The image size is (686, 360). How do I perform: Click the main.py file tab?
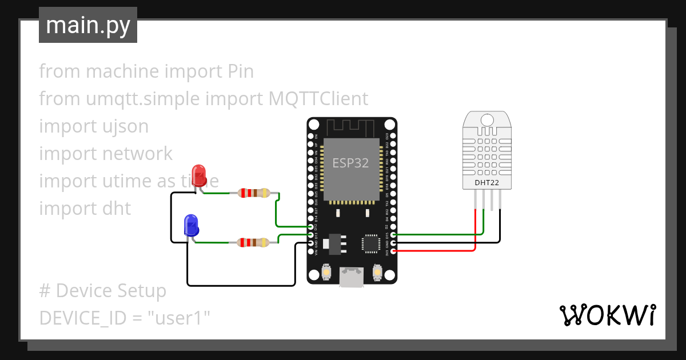coord(87,25)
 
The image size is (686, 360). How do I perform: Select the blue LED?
coord(190,225)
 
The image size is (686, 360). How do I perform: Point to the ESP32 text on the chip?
coord(350,163)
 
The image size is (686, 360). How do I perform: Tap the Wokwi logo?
coord(607,315)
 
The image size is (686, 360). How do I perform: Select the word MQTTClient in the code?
coord(318,99)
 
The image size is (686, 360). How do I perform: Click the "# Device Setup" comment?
coord(103,291)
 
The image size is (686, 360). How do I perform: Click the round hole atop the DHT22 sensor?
coord(487,119)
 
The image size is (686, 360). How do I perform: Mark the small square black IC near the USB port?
coord(370,243)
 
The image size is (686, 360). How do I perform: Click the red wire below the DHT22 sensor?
coord(476,229)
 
